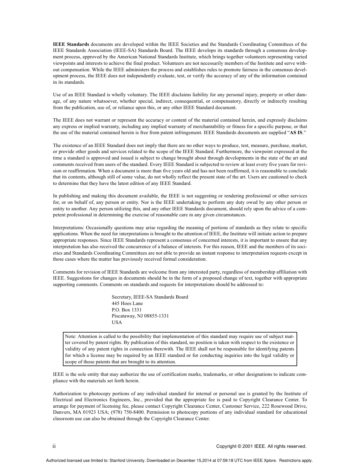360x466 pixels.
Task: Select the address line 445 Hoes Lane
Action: (127, 303)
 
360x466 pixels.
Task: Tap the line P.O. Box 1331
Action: (127, 310)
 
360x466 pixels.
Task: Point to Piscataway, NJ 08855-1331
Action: (140, 316)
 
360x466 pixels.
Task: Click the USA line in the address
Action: (117, 322)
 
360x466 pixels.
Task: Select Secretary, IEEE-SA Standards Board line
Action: (150, 297)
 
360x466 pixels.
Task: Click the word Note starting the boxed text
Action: (70, 336)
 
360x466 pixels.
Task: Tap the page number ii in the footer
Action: (54, 446)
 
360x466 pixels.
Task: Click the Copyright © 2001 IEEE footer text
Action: (261, 446)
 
